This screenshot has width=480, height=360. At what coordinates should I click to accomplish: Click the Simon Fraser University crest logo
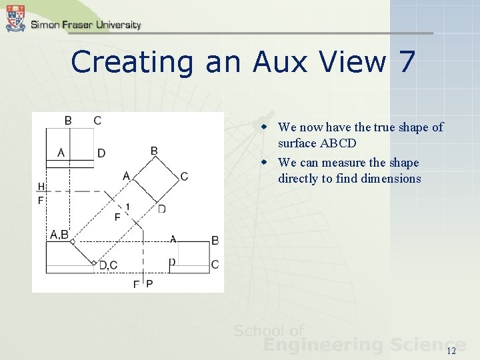click(x=15, y=18)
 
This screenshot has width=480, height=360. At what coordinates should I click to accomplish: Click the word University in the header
click(x=109, y=25)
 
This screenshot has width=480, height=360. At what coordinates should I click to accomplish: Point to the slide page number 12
click(x=451, y=351)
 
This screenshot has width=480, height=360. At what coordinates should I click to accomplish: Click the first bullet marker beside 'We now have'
click(x=265, y=127)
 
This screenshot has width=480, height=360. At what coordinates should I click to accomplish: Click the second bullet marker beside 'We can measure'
click(x=265, y=163)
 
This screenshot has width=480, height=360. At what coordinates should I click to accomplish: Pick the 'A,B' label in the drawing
click(x=59, y=234)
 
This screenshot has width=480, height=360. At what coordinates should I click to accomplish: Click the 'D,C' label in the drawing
click(x=108, y=265)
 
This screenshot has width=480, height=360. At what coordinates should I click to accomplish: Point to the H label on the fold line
click(x=41, y=186)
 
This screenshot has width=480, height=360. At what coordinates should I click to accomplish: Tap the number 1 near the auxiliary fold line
click(x=127, y=206)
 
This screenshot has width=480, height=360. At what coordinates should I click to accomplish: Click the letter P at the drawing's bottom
click(x=149, y=284)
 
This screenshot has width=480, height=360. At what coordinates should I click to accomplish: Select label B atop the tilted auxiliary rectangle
click(x=154, y=151)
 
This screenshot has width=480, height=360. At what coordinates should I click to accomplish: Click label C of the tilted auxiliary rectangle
click(x=184, y=176)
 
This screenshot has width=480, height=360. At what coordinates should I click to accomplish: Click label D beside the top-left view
click(x=101, y=153)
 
